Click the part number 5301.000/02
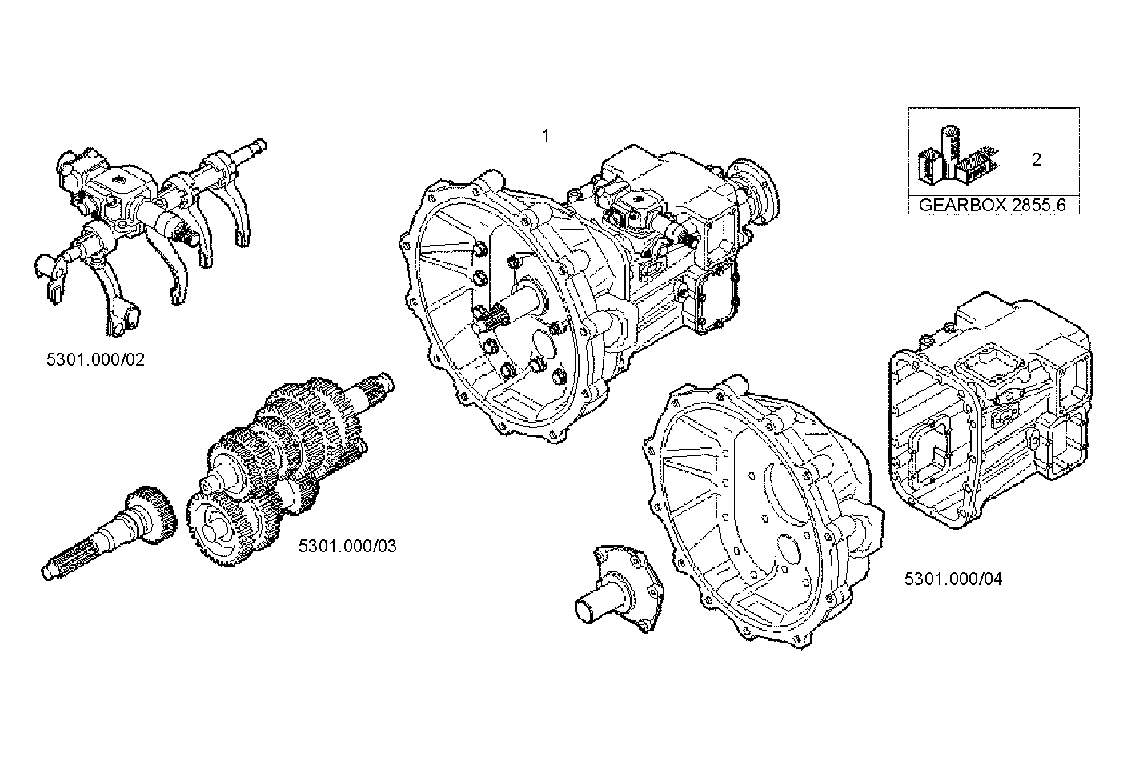(96, 359)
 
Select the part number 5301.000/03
(347, 547)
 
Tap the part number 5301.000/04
(953, 579)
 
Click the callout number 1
(546, 136)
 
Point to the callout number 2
(1037, 159)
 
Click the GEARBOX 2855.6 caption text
(993, 204)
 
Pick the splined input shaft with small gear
(112, 536)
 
